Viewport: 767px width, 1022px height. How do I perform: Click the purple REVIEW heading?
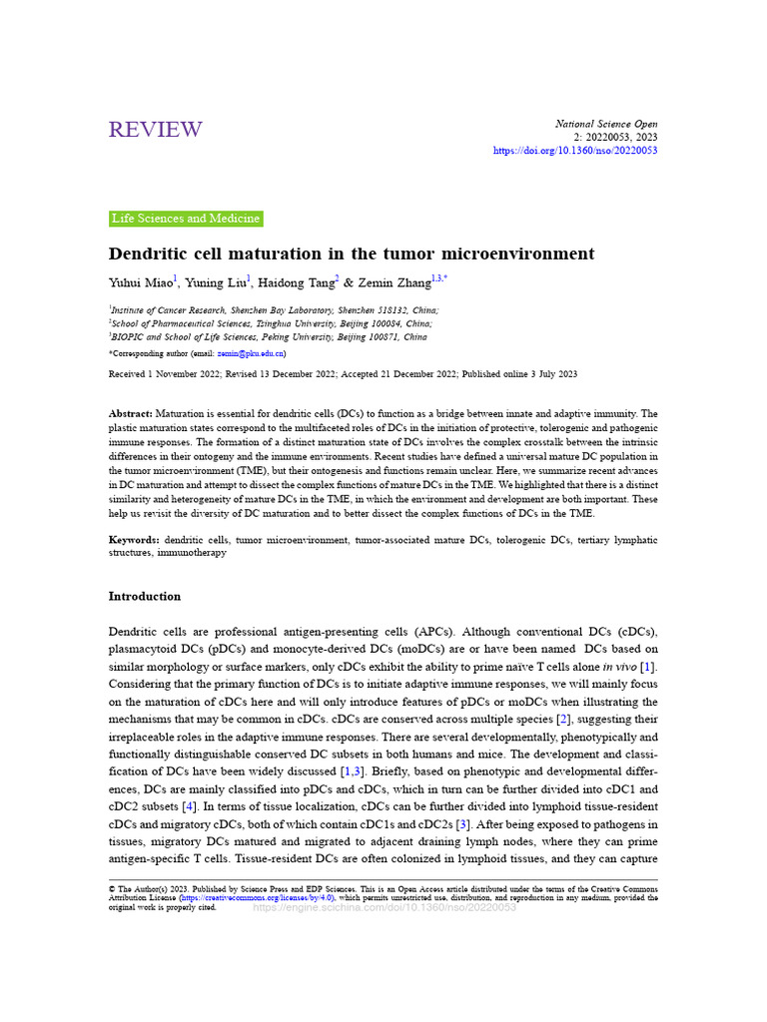tap(155, 130)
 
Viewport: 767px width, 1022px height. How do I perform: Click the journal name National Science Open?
tap(606, 124)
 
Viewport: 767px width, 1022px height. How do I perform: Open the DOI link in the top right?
tap(575, 151)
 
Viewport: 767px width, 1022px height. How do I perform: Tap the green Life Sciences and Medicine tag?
tap(186, 219)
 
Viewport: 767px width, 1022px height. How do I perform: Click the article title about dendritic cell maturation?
tap(351, 254)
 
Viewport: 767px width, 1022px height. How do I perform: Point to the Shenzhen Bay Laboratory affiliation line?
tap(275, 310)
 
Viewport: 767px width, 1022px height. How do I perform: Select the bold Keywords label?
tap(133, 539)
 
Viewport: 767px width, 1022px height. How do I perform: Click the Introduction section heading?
tap(145, 597)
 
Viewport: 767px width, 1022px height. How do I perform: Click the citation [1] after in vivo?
tap(648, 667)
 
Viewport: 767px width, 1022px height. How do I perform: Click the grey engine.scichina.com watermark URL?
tap(384, 907)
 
